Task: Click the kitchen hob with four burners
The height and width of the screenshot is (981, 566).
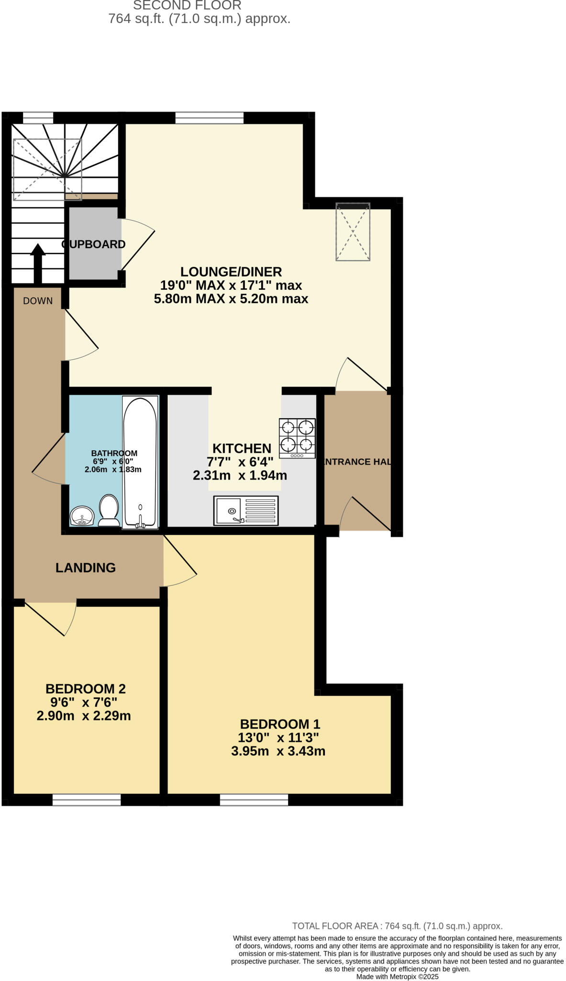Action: tap(297, 438)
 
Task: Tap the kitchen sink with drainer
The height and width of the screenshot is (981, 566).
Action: tap(245, 510)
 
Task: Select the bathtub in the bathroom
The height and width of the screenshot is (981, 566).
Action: tap(140, 462)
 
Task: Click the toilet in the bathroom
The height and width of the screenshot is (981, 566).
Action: tap(109, 511)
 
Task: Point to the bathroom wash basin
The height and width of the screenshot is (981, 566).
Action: tap(82, 516)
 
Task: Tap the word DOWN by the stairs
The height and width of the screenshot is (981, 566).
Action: tap(38, 301)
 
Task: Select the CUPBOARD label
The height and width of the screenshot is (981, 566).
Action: tap(94, 244)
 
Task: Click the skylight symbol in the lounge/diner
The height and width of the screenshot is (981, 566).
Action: tap(353, 232)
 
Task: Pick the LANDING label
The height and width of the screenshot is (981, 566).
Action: tap(86, 568)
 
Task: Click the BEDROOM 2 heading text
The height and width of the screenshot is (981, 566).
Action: tap(86, 689)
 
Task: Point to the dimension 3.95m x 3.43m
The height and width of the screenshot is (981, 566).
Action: tap(278, 751)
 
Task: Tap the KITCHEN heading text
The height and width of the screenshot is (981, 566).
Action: tap(242, 448)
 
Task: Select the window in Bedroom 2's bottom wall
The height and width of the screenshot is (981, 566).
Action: tap(87, 799)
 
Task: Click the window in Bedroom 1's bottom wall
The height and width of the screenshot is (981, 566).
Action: tap(254, 799)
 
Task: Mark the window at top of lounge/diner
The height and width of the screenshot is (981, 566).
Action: tap(209, 118)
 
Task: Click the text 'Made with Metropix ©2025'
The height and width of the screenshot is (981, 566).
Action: tap(397, 976)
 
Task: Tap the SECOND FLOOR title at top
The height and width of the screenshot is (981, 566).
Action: tap(187, 6)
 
